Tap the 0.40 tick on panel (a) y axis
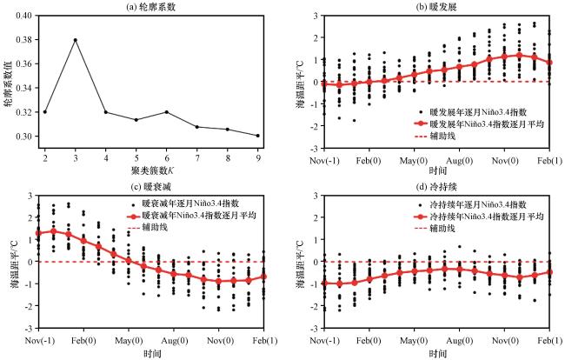pos(30,16)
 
